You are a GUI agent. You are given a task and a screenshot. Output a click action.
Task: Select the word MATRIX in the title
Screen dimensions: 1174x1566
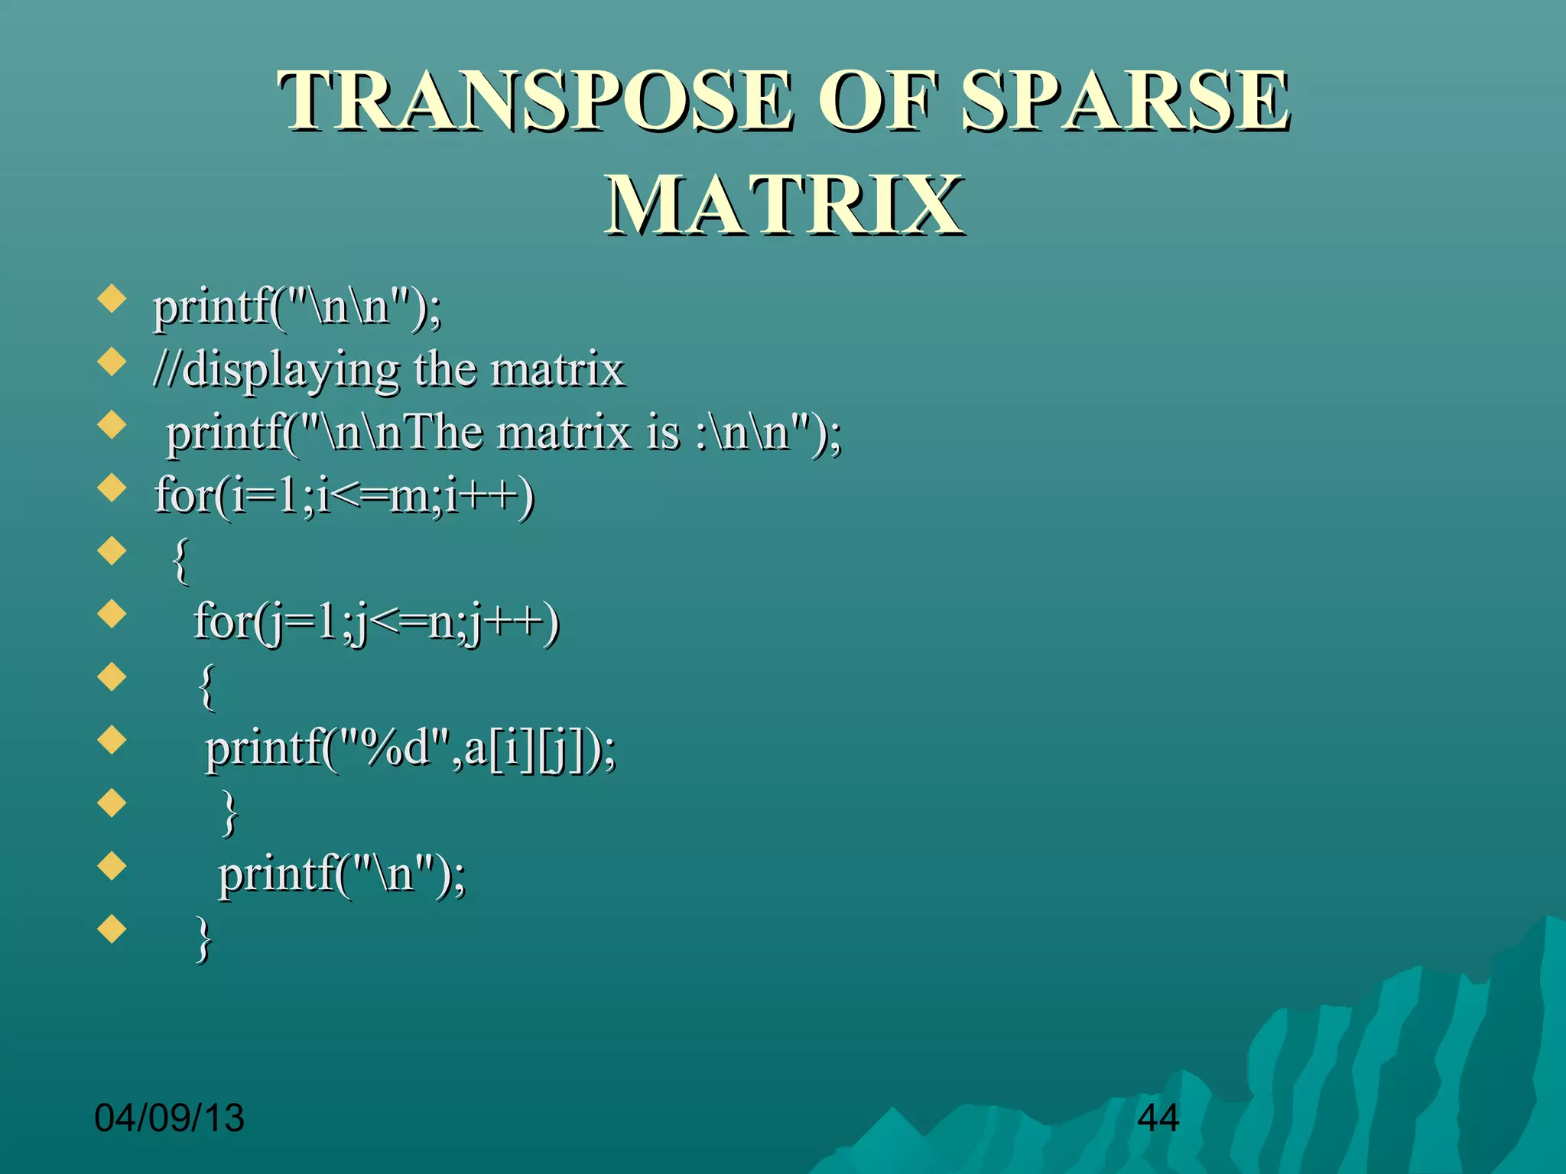coord(785,205)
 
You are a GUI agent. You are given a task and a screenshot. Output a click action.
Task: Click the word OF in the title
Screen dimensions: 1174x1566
coord(879,101)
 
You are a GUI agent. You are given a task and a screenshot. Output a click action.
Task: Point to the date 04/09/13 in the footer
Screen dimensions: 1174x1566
coord(169,1118)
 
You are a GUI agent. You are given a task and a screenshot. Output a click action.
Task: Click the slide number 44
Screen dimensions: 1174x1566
coord(1158,1118)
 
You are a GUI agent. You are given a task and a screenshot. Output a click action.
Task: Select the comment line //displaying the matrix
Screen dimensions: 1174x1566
coord(388,370)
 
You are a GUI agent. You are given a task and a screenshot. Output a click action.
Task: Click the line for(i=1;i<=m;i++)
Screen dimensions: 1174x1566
coord(344,495)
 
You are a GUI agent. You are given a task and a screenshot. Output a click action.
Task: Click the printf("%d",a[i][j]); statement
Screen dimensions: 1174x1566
coord(411,748)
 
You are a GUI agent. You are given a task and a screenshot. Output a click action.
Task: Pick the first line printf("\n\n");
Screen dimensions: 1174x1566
coord(297,307)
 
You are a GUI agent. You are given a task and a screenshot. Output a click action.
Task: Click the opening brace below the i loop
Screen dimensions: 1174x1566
coord(181,560)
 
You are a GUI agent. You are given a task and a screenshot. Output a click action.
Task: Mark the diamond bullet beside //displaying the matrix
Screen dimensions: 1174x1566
coord(112,362)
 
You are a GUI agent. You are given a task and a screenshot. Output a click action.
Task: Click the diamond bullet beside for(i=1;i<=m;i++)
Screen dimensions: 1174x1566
coord(112,488)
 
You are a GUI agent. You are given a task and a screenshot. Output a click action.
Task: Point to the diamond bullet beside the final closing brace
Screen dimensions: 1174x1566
coord(112,929)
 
